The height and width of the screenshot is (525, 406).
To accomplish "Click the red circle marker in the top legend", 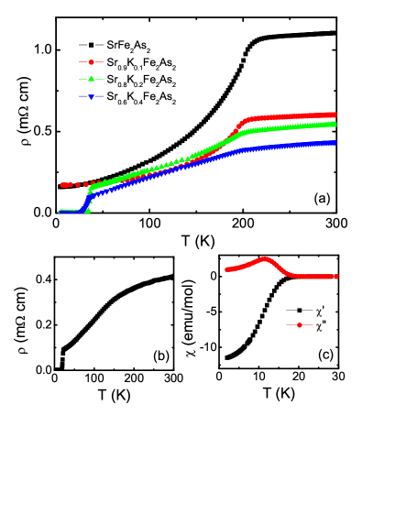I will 91,62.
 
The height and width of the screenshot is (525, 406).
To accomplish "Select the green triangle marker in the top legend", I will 91,79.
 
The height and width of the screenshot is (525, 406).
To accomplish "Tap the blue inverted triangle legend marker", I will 91,96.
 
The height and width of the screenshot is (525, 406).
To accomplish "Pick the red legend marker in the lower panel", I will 299,324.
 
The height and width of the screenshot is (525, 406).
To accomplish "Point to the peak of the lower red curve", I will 266,259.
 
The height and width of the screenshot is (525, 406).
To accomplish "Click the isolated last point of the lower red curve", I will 336,276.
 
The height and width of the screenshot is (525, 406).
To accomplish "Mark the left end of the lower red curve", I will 227,269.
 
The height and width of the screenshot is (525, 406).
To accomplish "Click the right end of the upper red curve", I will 334,115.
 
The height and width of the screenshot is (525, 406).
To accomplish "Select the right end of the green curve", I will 334,124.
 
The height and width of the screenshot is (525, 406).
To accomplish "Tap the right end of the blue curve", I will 334,143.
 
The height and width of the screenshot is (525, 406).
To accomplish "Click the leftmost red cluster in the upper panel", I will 65,185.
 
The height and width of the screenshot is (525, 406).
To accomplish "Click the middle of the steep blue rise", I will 87,202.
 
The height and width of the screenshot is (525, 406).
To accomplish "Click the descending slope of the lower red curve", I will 280,268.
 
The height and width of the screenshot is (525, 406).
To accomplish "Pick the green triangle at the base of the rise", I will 87,210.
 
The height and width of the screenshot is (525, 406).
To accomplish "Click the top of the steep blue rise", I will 92,193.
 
